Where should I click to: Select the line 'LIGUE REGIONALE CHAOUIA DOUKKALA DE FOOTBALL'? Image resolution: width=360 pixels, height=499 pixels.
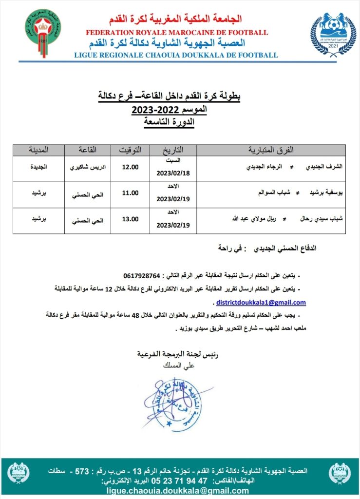[176, 55]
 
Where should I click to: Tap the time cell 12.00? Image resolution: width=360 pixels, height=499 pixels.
[131, 167]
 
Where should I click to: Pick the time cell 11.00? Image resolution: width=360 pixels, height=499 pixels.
[131, 193]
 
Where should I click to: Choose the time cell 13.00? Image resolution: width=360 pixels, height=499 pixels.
[131, 219]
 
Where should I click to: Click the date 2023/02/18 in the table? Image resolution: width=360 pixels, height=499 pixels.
[173, 173]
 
